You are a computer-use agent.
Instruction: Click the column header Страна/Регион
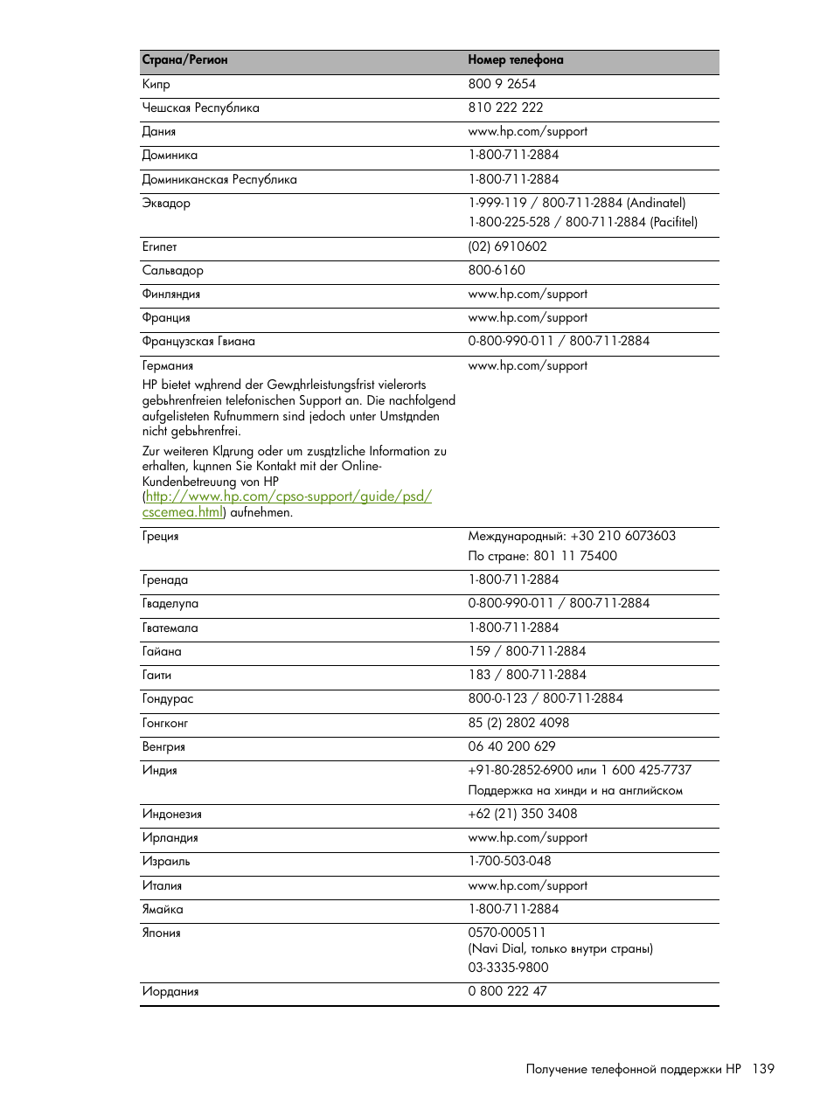(184, 60)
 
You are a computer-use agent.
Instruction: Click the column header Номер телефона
(515, 60)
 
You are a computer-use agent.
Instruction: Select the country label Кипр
(156, 85)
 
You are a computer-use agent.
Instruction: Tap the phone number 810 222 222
(505, 108)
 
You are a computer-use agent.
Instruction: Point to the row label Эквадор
(166, 204)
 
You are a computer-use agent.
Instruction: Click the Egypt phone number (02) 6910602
(507, 246)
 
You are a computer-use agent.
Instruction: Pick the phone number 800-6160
(497, 270)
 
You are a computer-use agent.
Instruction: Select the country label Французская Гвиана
(198, 342)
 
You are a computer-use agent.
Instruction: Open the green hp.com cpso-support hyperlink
(288, 496)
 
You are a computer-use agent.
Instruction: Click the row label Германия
(168, 366)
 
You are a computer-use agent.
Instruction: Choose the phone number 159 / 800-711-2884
(526, 651)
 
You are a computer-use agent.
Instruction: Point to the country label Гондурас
(168, 699)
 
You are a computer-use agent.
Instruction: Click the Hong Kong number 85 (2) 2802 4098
(518, 723)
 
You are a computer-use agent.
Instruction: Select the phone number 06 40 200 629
(511, 746)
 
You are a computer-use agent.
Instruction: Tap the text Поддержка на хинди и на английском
(575, 791)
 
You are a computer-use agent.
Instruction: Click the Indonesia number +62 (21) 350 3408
(522, 814)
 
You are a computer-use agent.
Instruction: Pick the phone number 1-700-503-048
(510, 861)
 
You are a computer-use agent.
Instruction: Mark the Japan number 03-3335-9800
(508, 968)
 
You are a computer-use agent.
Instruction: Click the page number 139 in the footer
(762, 1069)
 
